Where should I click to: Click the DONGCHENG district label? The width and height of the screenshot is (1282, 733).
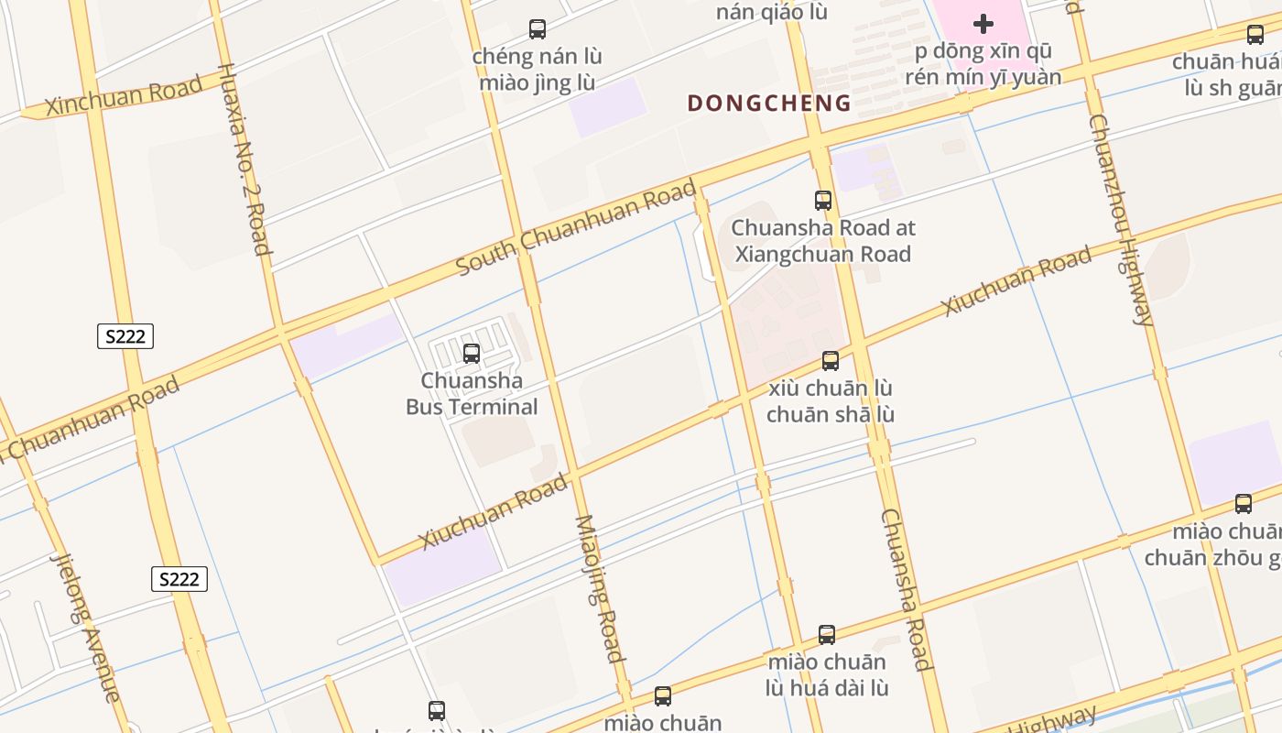click(x=769, y=103)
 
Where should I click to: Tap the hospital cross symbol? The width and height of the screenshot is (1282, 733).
click(x=983, y=24)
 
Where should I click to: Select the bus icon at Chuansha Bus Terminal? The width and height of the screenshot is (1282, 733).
click(x=472, y=353)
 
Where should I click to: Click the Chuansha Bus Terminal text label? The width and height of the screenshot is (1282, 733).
click(x=472, y=394)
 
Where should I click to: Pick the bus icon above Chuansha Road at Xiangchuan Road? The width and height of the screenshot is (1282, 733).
click(x=823, y=200)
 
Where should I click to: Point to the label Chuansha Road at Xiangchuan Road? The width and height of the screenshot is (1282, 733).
click(x=823, y=241)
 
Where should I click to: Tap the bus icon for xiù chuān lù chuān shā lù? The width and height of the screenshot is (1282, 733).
click(x=831, y=360)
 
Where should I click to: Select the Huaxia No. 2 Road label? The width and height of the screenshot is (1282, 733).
click(x=244, y=159)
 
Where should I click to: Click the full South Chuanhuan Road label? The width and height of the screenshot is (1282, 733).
click(x=576, y=228)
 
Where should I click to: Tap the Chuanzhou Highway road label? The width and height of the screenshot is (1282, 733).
click(x=1121, y=220)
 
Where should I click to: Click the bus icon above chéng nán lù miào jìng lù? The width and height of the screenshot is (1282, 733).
click(x=538, y=29)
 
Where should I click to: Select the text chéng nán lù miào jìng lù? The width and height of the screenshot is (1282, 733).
click(x=538, y=70)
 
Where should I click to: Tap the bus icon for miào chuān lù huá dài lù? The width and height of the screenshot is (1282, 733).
click(x=827, y=634)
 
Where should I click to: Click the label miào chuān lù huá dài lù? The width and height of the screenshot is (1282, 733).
click(x=828, y=674)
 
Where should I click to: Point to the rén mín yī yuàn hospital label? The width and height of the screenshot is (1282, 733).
click(x=983, y=64)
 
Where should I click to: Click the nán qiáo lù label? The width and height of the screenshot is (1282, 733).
click(x=772, y=12)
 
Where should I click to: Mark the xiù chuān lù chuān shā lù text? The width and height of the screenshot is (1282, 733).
click(x=831, y=401)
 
